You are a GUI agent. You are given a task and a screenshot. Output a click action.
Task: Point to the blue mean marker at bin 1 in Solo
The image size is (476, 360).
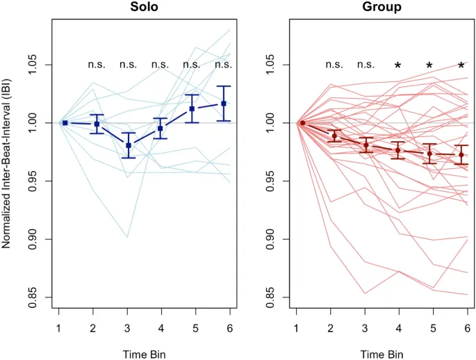click(x=65, y=122)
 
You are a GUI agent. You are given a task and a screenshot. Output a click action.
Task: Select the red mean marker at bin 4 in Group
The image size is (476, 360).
click(x=397, y=150)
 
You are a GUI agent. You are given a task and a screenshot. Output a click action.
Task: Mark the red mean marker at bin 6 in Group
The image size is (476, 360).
click(x=461, y=155)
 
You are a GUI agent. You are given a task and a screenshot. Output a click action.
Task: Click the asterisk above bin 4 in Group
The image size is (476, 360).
click(x=397, y=66)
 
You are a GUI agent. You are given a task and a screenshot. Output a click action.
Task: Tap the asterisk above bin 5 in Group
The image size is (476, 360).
click(x=429, y=66)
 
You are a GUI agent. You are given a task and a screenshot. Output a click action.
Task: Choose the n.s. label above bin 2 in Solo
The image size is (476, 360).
click(x=96, y=65)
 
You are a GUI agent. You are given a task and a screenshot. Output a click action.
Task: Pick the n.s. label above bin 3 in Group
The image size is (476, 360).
click(x=366, y=65)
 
